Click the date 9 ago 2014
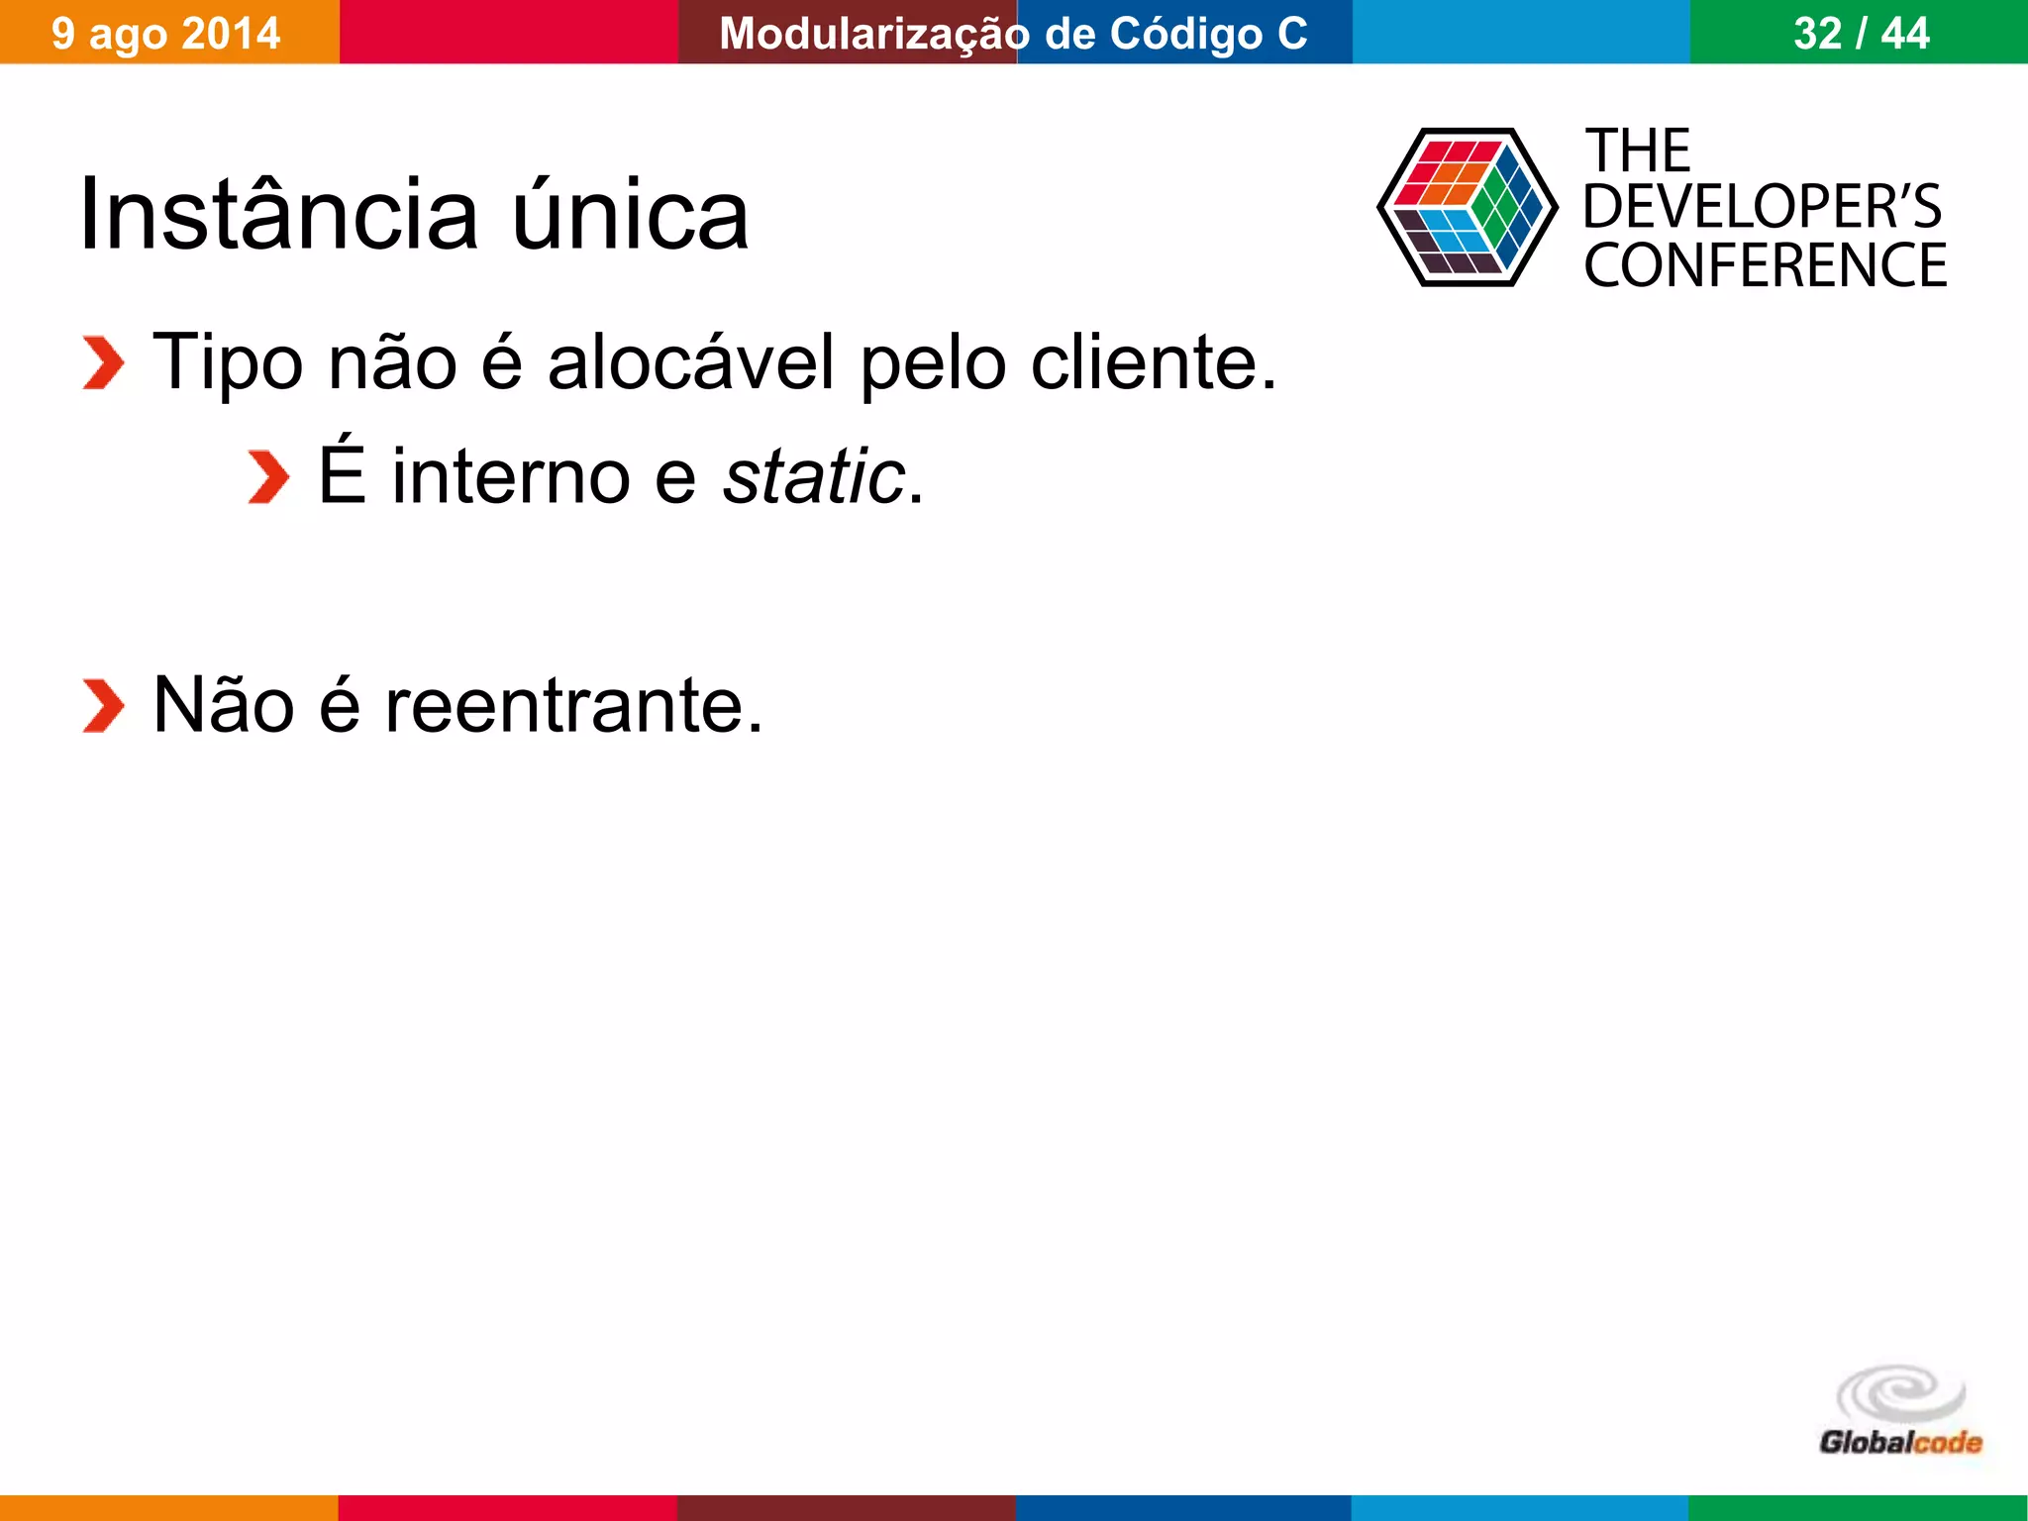point(166,34)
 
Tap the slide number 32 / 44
point(1861,34)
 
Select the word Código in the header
point(1186,34)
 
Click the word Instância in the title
point(278,215)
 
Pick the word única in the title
point(631,215)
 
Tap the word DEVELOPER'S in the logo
point(1762,207)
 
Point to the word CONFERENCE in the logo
point(1765,265)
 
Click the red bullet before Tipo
point(103,363)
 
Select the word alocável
point(691,363)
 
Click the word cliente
point(1154,363)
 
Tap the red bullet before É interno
point(267,477)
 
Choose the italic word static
point(814,477)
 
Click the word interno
point(511,477)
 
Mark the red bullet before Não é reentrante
point(103,706)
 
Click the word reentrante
point(573,706)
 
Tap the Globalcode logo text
point(1900,1443)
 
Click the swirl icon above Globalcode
point(1900,1394)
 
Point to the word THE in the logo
point(1639,151)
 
